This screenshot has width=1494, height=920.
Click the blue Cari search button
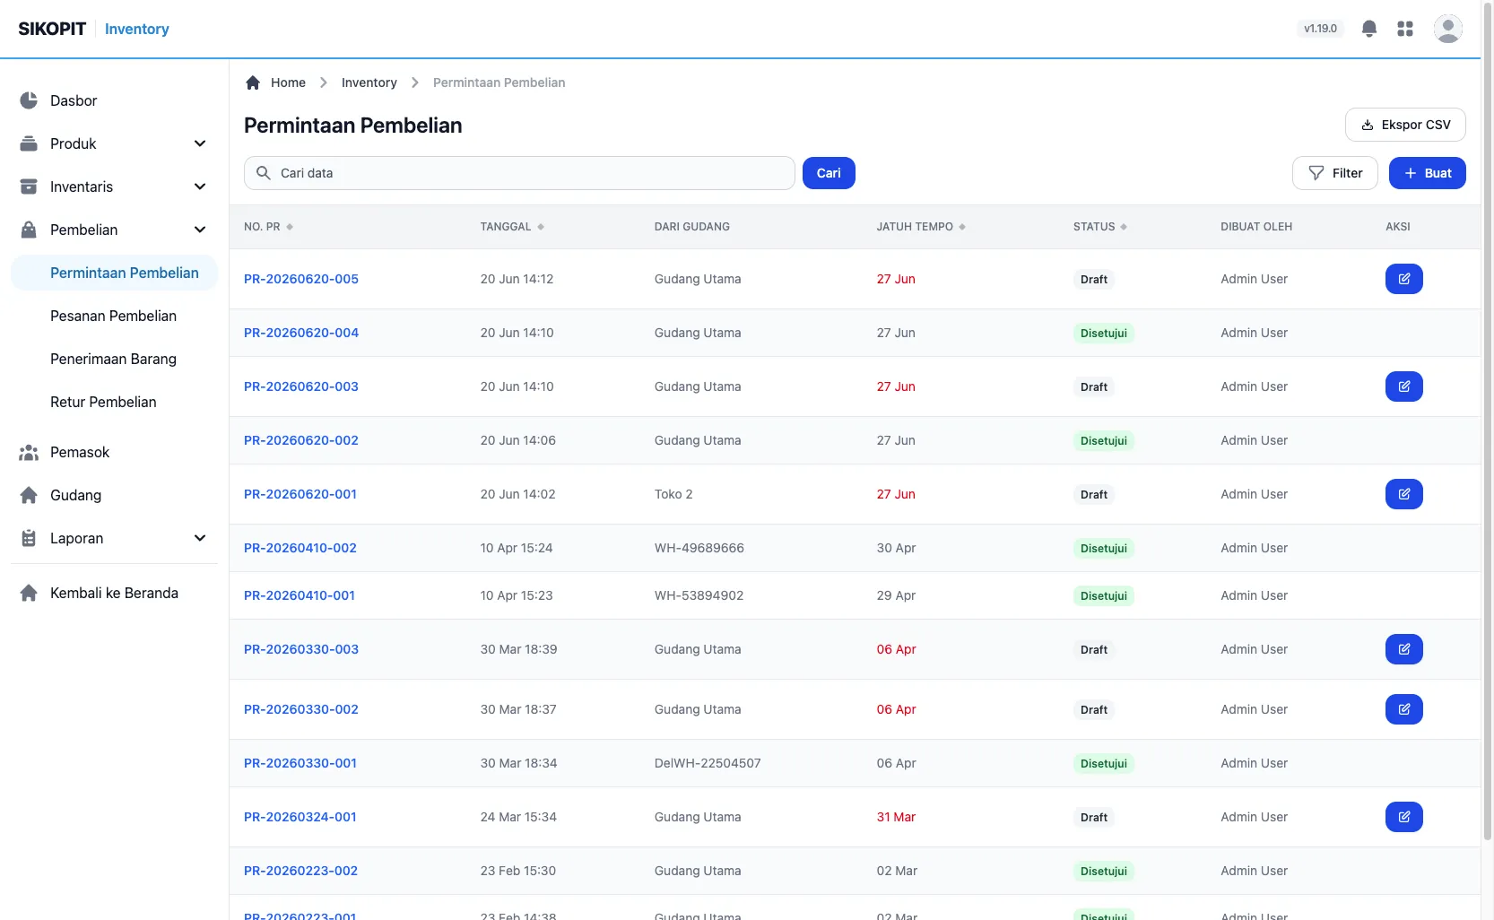(829, 173)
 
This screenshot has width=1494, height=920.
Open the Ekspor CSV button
(1405, 125)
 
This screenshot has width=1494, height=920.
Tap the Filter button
(1334, 173)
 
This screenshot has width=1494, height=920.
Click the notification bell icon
(1368, 28)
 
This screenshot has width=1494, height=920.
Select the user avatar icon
(1448, 29)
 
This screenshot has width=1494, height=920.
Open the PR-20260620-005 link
(300, 279)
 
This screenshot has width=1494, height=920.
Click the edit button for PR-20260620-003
(1404, 386)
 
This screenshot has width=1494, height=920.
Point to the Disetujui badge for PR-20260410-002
(1104, 548)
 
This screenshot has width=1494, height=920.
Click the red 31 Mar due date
(896, 817)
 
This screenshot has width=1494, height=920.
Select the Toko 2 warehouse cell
(673, 494)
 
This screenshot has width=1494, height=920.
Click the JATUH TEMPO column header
(915, 226)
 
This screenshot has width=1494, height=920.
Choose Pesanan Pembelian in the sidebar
(113, 316)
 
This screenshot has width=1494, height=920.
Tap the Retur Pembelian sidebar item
(103, 402)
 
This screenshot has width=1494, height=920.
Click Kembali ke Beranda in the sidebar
(114, 593)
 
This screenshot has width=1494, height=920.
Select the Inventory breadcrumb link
(369, 82)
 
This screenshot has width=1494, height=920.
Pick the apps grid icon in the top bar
(1404, 28)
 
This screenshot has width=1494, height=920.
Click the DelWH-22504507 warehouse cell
(707, 762)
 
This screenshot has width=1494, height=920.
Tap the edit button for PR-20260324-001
(1404, 817)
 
